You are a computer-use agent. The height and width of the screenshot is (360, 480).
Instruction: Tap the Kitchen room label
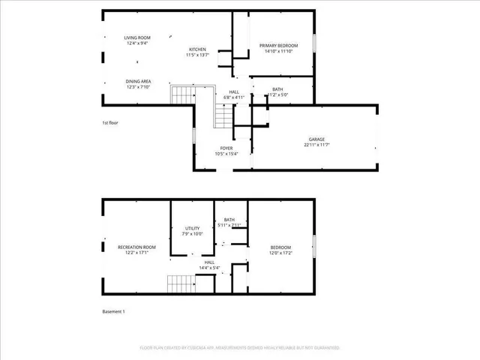(x=197, y=49)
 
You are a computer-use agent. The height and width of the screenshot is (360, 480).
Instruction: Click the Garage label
(x=316, y=139)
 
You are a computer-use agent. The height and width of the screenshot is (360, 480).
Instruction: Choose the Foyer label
(x=226, y=148)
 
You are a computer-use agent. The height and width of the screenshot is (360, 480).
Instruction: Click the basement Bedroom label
(x=280, y=247)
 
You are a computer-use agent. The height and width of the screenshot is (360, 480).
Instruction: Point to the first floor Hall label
(x=234, y=92)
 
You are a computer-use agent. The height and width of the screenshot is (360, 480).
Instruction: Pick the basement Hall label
(x=209, y=262)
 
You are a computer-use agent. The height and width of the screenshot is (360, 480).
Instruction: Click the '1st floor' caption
(x=110, y=122)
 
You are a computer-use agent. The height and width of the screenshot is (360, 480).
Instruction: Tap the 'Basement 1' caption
(x=113, y=311)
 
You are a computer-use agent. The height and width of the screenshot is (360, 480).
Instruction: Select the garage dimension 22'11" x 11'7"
(x=316, y=145)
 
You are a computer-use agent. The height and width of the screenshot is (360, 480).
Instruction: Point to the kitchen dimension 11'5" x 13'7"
(x=197, y=55)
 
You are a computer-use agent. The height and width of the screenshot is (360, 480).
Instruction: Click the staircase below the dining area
(x=183, y=95)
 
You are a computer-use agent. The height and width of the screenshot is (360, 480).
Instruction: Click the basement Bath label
(x=229, y=220)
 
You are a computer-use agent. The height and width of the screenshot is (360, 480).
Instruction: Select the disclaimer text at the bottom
(x=240, y=348)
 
